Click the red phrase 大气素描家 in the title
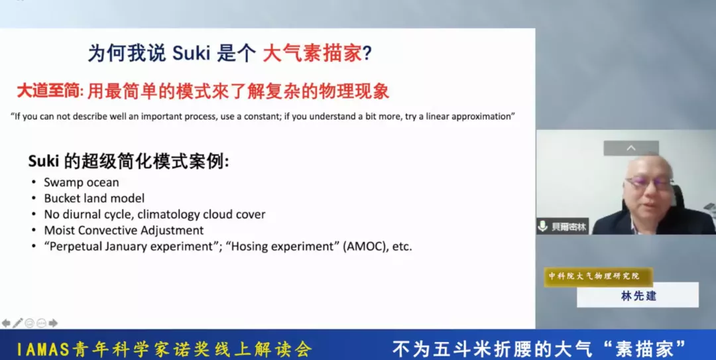click(312, 54)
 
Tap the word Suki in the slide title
click(192, 54)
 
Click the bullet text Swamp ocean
click(82, 182)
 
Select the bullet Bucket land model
click(94, 198)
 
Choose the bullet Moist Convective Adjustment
click(124, 230)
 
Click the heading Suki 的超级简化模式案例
click(129, 161)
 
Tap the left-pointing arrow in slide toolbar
click(6, 323)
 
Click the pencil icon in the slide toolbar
click(18, 323)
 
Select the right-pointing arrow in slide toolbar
click(54, 323)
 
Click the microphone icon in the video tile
click(543, 226)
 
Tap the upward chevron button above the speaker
click(631, 148)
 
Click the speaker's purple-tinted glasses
click(648, 183)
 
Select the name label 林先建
click(638, 296)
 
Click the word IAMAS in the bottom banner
click(44, 349)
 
